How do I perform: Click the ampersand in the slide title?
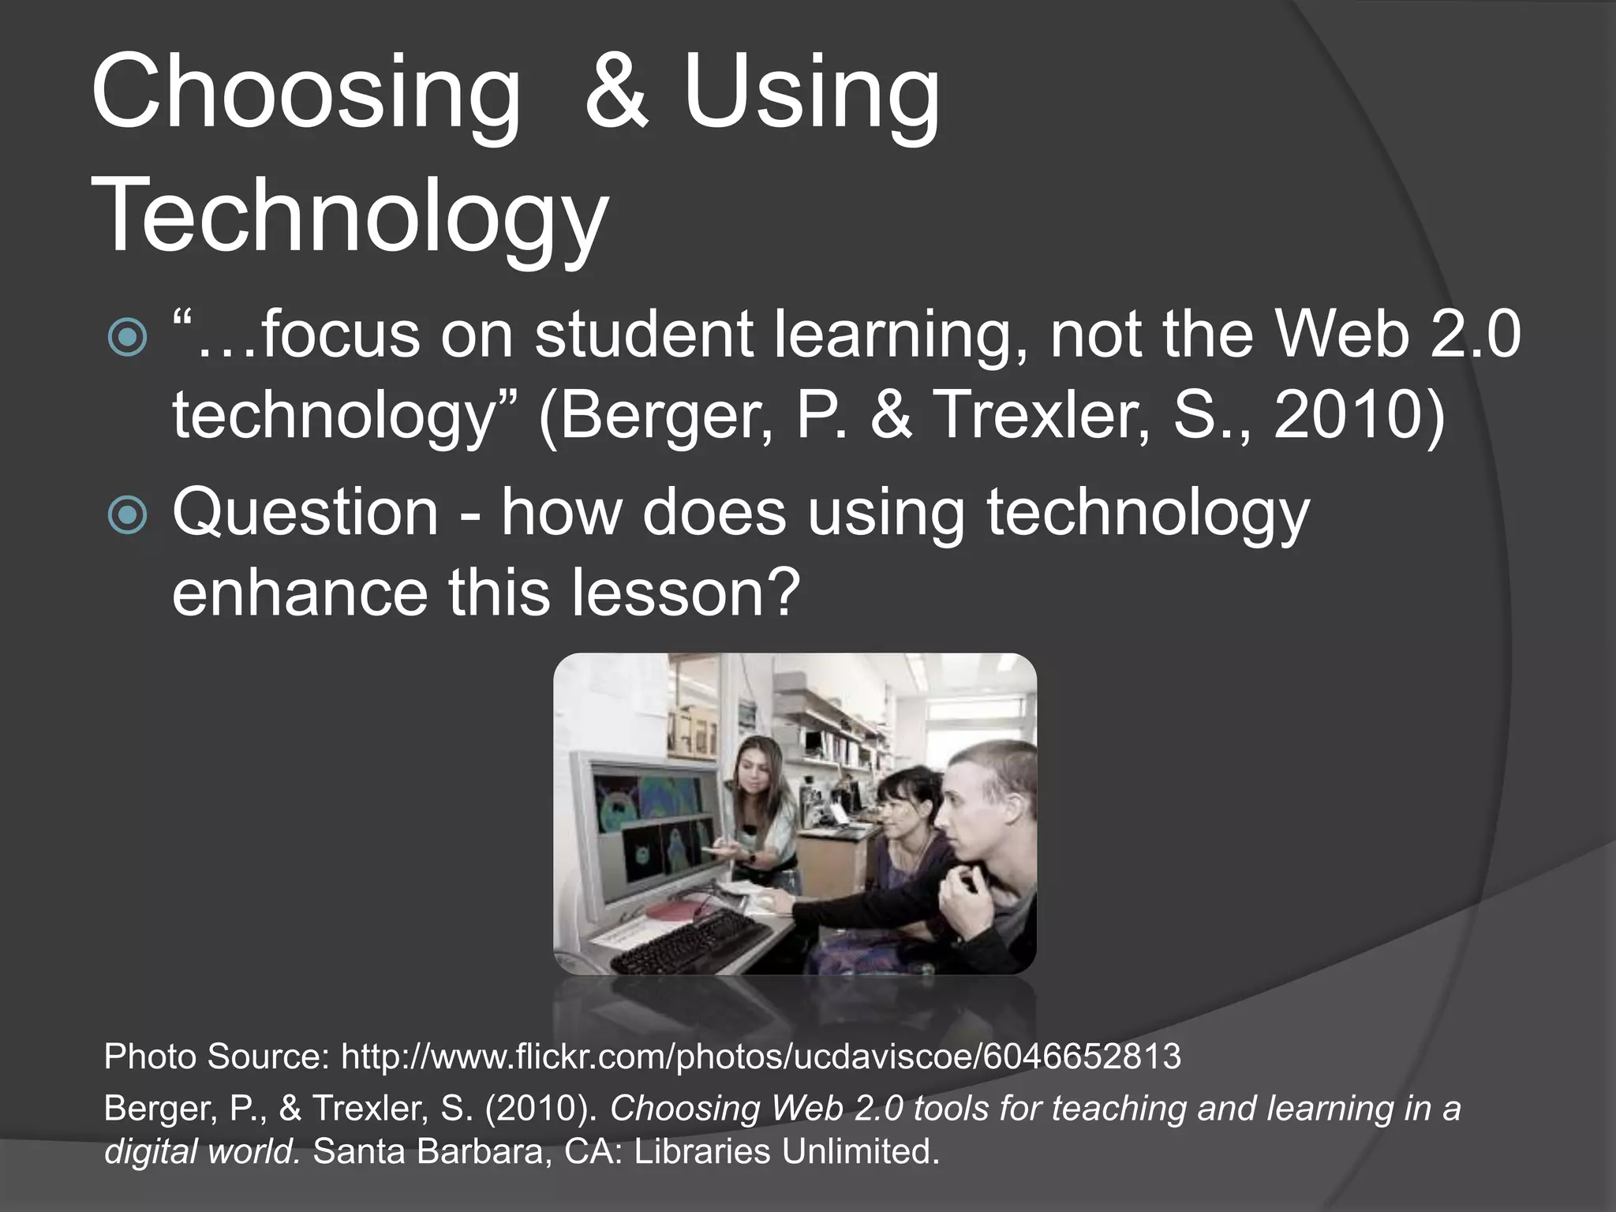pos(617,93)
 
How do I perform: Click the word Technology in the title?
pos(350,215)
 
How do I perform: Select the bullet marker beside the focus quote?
pos(127,339)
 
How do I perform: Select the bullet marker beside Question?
pos(127,515)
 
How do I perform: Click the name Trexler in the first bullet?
pos(1042,416)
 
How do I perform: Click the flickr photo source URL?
pos(761,1057)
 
